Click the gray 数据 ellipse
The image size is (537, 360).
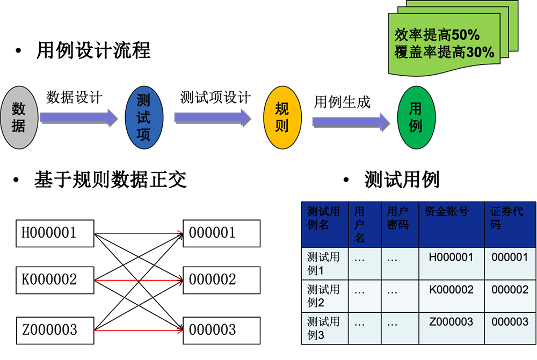[19, 117]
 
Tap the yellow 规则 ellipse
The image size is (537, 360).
[282, 117]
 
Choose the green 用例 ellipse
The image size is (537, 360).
[416, 117]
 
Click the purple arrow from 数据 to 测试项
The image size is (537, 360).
[78, 117]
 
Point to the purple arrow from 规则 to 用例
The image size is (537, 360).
[350, 121]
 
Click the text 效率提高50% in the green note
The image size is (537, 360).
[437, 35]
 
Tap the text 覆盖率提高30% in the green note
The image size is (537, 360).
[444, 52]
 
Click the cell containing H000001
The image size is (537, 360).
[451, 258]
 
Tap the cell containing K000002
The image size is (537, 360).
[451, 290]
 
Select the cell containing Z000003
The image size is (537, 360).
[451, 321]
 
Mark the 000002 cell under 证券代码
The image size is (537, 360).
[510, 290]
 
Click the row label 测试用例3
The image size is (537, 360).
[324, 328]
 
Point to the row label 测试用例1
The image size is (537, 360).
[324, 263]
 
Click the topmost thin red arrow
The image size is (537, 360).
[139, 233]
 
